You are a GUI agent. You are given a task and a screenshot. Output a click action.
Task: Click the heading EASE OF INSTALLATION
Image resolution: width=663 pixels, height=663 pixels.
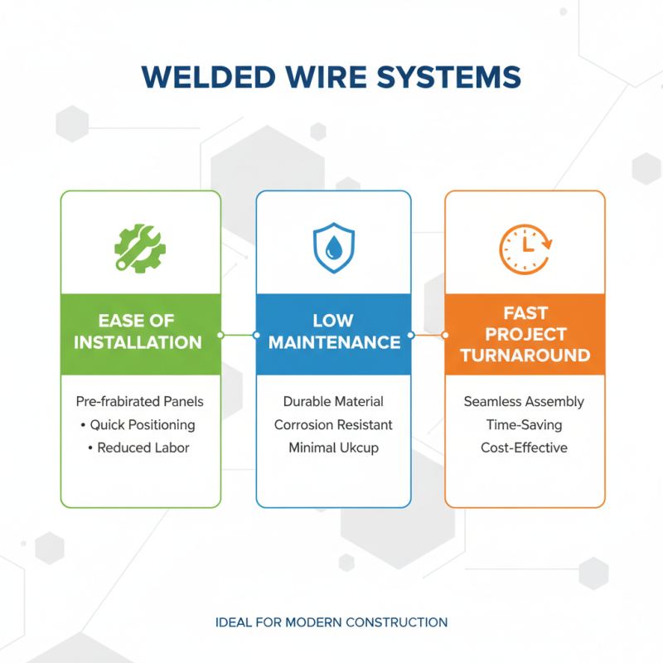[x=140, y=331]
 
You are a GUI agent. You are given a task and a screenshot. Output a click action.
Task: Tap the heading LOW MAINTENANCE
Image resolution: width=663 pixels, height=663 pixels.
[x=333, y=331]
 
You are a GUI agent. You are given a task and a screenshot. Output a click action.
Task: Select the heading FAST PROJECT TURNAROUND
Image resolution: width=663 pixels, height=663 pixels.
[x=525, y=335]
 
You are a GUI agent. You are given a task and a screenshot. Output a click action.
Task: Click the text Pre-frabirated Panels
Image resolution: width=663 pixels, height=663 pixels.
[x=139, y=401]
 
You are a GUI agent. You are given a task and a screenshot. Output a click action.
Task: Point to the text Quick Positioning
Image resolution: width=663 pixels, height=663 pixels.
[x=143, y=424]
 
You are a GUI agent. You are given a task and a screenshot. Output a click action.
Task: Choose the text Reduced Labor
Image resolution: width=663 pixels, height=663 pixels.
[x=143, y=448]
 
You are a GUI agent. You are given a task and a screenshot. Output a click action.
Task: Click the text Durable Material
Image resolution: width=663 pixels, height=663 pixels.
[x=333, y=401]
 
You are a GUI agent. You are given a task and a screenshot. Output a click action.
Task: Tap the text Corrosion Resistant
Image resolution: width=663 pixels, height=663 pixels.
[x=333, y=424]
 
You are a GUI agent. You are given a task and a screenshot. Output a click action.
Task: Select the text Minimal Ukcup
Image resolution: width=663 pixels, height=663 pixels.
[x=333, y=448]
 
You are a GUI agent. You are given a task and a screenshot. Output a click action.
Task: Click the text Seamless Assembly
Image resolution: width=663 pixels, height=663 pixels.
[x=524, y=401]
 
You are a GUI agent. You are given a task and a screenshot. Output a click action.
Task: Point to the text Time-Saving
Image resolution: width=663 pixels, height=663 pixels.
[x=524, y=424]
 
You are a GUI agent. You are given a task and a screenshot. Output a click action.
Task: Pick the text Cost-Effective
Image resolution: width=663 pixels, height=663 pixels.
[x=524, y=448]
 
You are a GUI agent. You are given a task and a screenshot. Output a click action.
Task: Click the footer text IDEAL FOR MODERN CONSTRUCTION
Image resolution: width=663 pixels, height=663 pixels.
[x=331, y=622]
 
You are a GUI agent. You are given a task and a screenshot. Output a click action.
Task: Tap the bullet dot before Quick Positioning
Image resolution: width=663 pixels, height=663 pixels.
[x=84, y=425]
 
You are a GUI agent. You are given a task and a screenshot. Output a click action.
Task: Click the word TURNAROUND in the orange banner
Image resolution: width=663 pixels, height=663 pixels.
[x=525, y=356]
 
